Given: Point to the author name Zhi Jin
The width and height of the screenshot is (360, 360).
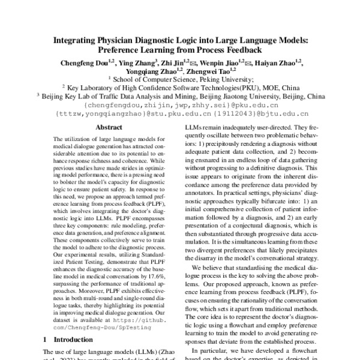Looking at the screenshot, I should coord(175,62).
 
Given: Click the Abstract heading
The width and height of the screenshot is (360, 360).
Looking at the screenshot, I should coord(109,127).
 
